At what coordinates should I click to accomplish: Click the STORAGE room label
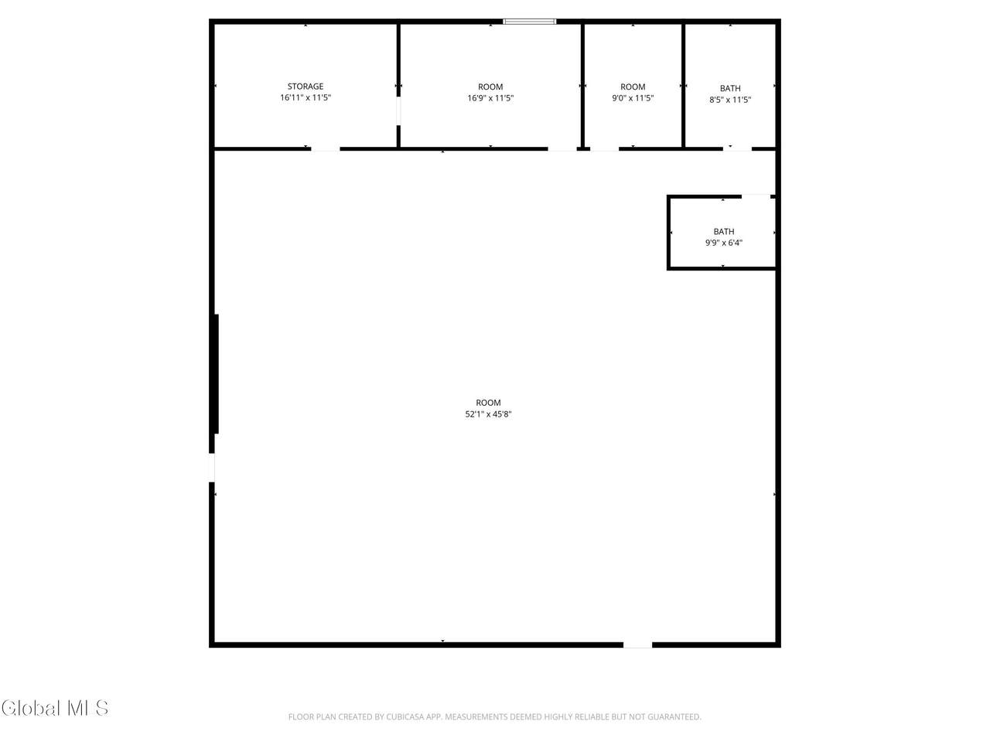coord(306,87)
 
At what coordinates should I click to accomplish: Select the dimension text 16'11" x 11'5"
coord(306,98)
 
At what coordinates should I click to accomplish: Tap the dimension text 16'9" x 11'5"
coord(490,98)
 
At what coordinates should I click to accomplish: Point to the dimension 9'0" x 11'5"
coord(633,98)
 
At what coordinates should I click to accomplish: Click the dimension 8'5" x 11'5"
coord(730,100)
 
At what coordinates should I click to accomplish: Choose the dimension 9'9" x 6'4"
coord(724,243)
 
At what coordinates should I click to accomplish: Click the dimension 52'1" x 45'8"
coord(488,414)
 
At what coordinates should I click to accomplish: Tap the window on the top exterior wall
coord(530,22)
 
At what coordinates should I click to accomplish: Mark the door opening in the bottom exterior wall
coord(637,644)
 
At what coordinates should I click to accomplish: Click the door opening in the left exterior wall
coord(212,468)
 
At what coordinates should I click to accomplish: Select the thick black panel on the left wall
coord(216,374)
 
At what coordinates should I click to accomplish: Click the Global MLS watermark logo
coord(55,708)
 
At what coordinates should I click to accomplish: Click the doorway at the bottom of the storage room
coord(325,148)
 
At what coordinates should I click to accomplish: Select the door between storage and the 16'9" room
coord(398,111)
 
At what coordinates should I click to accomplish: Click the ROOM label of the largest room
coord(488,403)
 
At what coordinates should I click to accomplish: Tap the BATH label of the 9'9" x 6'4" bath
coord(724,232)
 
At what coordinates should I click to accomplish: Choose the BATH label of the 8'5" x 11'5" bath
coord(730,88)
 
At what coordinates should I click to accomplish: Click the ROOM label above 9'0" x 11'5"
coord(633,87)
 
